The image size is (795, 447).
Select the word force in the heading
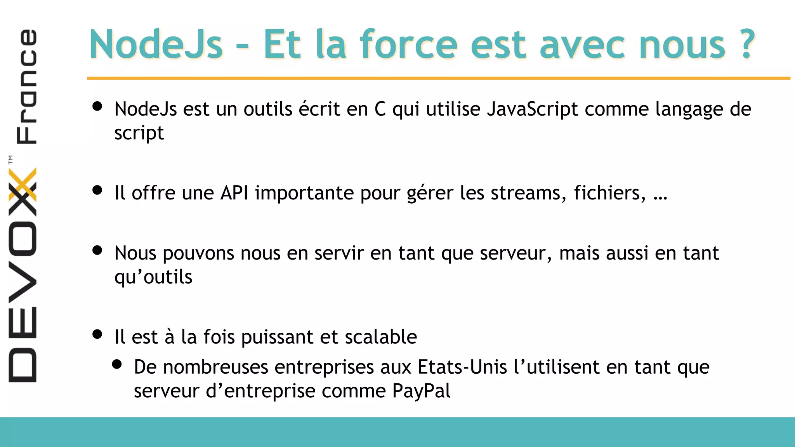(x=409, y=45)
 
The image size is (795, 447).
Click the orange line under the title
(x=439, y=78)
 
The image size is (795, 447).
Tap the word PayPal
(x=421, y=391)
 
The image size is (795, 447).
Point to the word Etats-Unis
(x=462, y=367)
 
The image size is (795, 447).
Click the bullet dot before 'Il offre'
(x=97, y=190)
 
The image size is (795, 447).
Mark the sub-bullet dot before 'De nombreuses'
(x=117, y=364)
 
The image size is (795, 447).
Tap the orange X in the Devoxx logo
(x=23, y=185)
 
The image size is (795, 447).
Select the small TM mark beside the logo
(x=10, y=159)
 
